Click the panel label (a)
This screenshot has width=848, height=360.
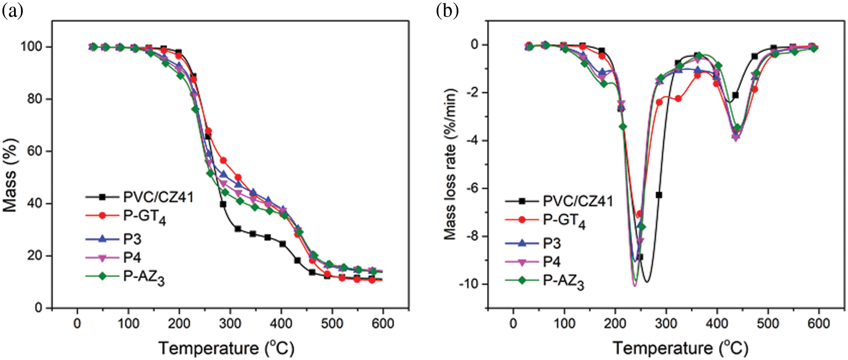(13, 10)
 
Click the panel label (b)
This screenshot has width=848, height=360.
(447, 10)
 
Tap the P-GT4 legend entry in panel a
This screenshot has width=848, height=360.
(144, 216)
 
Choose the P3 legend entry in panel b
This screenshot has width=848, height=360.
(552, 243)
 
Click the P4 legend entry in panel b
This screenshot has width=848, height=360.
(552, 262)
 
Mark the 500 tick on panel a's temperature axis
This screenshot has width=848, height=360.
(332, 323)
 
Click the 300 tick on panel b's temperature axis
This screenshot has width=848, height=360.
(666, 323)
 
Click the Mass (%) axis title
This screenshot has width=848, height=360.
(10, 175)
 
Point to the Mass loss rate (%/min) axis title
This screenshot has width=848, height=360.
(450, 164)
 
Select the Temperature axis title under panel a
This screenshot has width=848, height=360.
(226, 348)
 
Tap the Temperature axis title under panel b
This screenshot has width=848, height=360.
(680, 348)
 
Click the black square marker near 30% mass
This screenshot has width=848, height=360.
(238, 229)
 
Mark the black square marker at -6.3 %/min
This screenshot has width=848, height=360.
(659, 195)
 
